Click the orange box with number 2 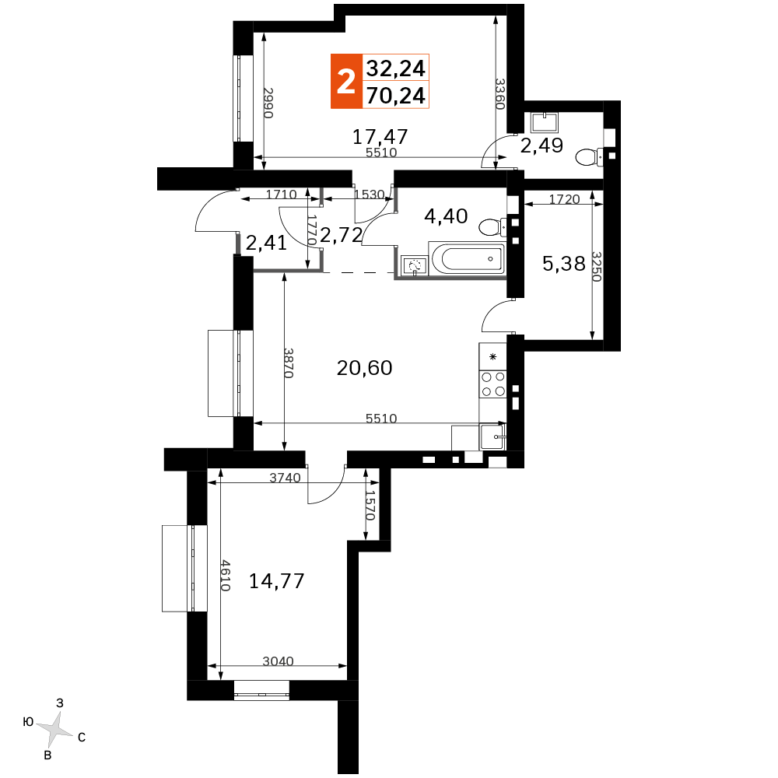(346, 81)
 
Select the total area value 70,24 (395, 95)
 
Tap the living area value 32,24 (395, 68)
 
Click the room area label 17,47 (380, 136)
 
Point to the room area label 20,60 (364, 368)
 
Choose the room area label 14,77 (276, 580)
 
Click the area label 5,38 (563, 264)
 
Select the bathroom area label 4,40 (446, 216)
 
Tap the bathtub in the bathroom (467, 258)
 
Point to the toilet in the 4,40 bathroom (492, 227)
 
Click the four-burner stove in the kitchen (492, 384)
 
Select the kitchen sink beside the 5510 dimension (492, 436)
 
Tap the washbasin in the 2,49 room (544, 123)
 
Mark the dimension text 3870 (289, 363)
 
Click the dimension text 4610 (226, 576)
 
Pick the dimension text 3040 (278, 661)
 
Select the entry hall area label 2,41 (266, 243)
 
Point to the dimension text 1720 (564, 199)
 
